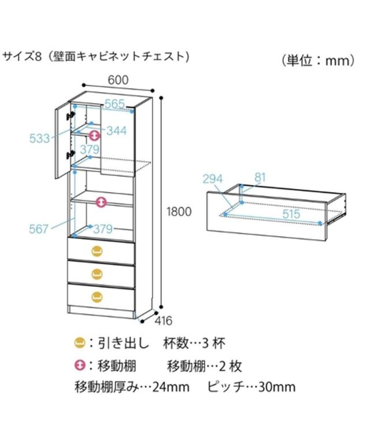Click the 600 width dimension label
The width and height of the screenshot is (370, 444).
(117, 80)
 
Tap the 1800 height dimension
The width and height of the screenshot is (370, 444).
(179, 212)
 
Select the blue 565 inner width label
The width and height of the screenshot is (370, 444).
(114, 103)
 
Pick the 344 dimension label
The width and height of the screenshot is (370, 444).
(116, 131)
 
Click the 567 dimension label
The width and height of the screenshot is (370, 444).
(39, 229)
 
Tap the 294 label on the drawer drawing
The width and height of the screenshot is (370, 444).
(213, 179)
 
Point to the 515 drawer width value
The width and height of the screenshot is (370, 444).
(291, 214)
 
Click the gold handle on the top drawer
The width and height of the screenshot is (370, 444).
(97, 250)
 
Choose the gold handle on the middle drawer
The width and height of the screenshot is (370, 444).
(97, 273)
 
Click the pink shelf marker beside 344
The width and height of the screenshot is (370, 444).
(95, 135)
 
